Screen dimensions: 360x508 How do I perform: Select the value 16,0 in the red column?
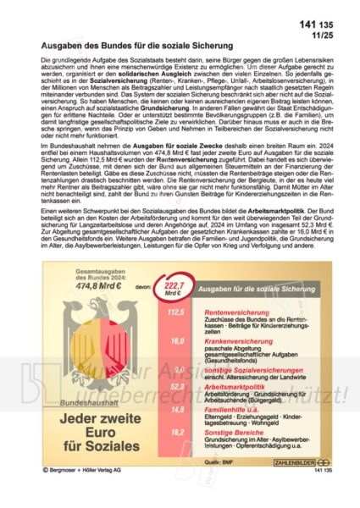tap(177, 340)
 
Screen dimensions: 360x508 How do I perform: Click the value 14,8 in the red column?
tap(177, 410)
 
